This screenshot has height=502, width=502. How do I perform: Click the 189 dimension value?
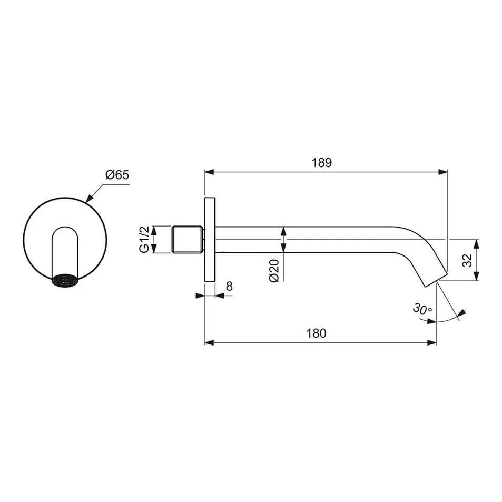[322, 163]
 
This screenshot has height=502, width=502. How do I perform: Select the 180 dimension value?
[316, 333]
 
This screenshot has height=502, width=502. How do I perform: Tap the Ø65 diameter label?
[117, 175]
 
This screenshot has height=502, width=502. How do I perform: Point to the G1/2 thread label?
[144, 240]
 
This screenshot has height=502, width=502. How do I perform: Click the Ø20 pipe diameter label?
[274, 271]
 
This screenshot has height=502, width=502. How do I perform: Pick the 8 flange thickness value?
[229, 286]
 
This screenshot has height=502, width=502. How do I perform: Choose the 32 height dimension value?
[467, 260]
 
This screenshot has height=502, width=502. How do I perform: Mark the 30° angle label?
[422, 309]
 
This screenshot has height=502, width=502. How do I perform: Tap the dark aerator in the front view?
[65, 280]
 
